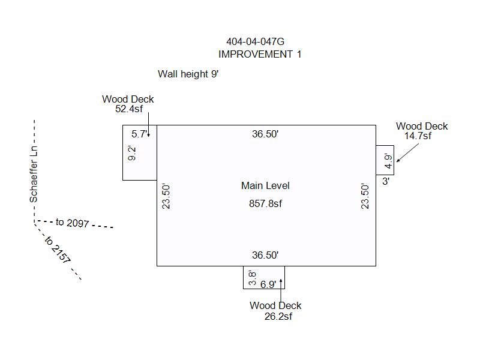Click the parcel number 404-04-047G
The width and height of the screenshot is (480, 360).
pos(256,41)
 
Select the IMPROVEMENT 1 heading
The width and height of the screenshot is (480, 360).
pos(260,54)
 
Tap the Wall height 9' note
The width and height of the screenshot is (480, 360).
pos(188,74)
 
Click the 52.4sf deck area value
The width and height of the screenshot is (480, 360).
pos(129,109)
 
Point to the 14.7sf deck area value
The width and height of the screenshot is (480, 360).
pos(418,136)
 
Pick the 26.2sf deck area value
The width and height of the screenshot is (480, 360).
pos(278,316)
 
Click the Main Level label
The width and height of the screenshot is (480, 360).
pos(265,185)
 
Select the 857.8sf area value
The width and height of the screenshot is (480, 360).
pos(265,203)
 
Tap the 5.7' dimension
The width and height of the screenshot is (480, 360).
pos(140,134)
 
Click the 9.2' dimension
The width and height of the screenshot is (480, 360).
pos(131,153)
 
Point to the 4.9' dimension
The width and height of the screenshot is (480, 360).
pos(388,161)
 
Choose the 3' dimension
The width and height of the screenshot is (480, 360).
pos(386,181)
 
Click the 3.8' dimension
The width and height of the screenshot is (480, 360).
pos(252,278)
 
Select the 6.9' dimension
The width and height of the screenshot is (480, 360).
pos(268,284)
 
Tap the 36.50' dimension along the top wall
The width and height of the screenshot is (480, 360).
pos(265,134)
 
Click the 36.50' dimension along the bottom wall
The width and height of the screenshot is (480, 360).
pos(265,255)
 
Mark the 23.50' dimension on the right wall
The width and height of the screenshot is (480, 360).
pos(365,196)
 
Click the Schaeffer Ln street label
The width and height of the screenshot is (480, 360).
pos(34,174)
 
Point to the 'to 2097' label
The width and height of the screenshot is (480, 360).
pos(72,223)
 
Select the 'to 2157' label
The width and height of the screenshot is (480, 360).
pos(58,250)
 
